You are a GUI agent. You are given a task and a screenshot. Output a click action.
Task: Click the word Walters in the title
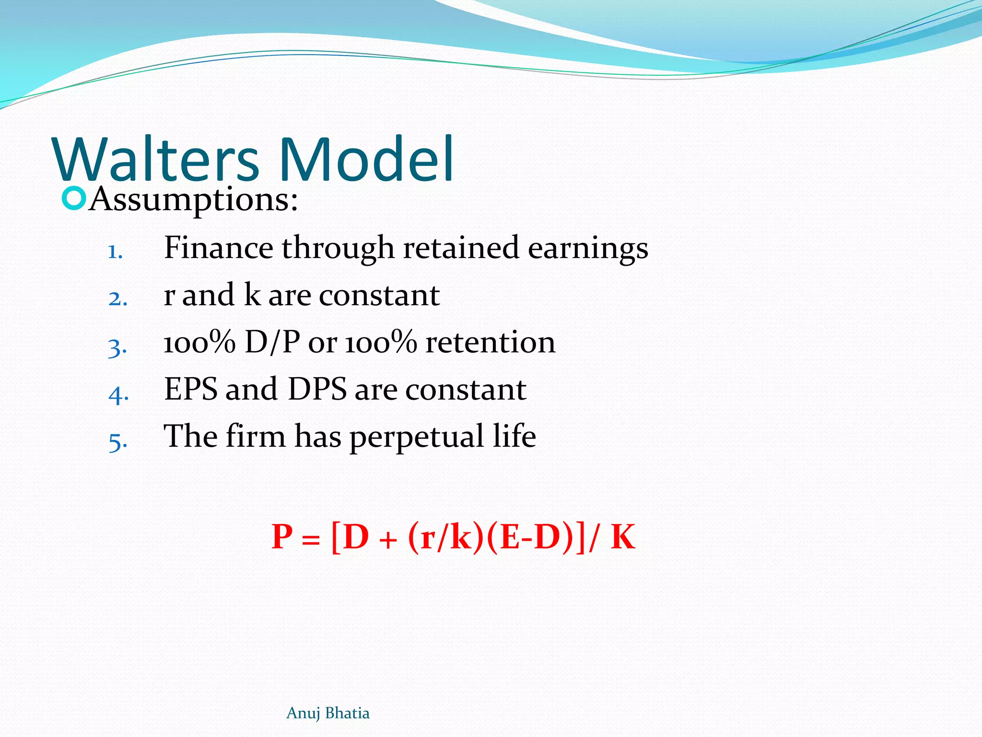[x=156, y=159]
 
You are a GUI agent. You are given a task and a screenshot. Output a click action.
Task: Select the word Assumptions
[x=194, y=200]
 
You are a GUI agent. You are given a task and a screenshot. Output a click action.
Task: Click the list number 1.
[x=115, y=251]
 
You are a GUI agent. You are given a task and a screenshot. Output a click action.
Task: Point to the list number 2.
[x=117, y=298]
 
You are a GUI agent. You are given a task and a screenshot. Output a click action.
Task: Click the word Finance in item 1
[x=218, y=248]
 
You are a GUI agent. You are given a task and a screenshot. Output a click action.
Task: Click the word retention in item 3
[x=491, y=343]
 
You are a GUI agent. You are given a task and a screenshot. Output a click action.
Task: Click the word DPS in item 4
[x=317, y=389]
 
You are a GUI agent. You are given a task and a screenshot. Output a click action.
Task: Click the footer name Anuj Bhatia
[x=328, y=713]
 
